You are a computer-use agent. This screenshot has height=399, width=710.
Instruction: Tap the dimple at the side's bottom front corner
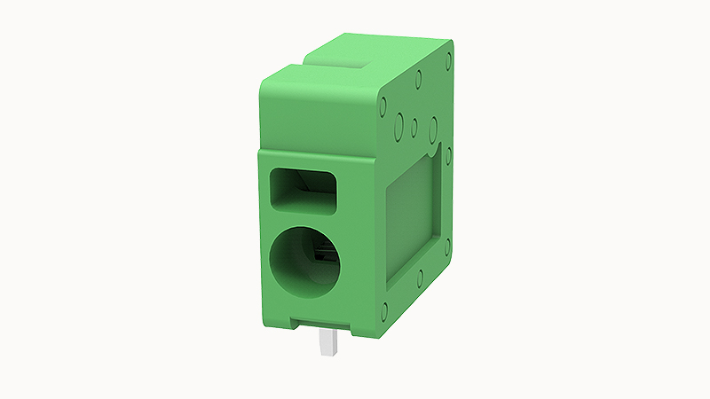click(x=384, y=311)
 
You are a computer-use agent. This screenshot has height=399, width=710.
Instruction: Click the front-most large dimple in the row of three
click(x=399, y=122)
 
